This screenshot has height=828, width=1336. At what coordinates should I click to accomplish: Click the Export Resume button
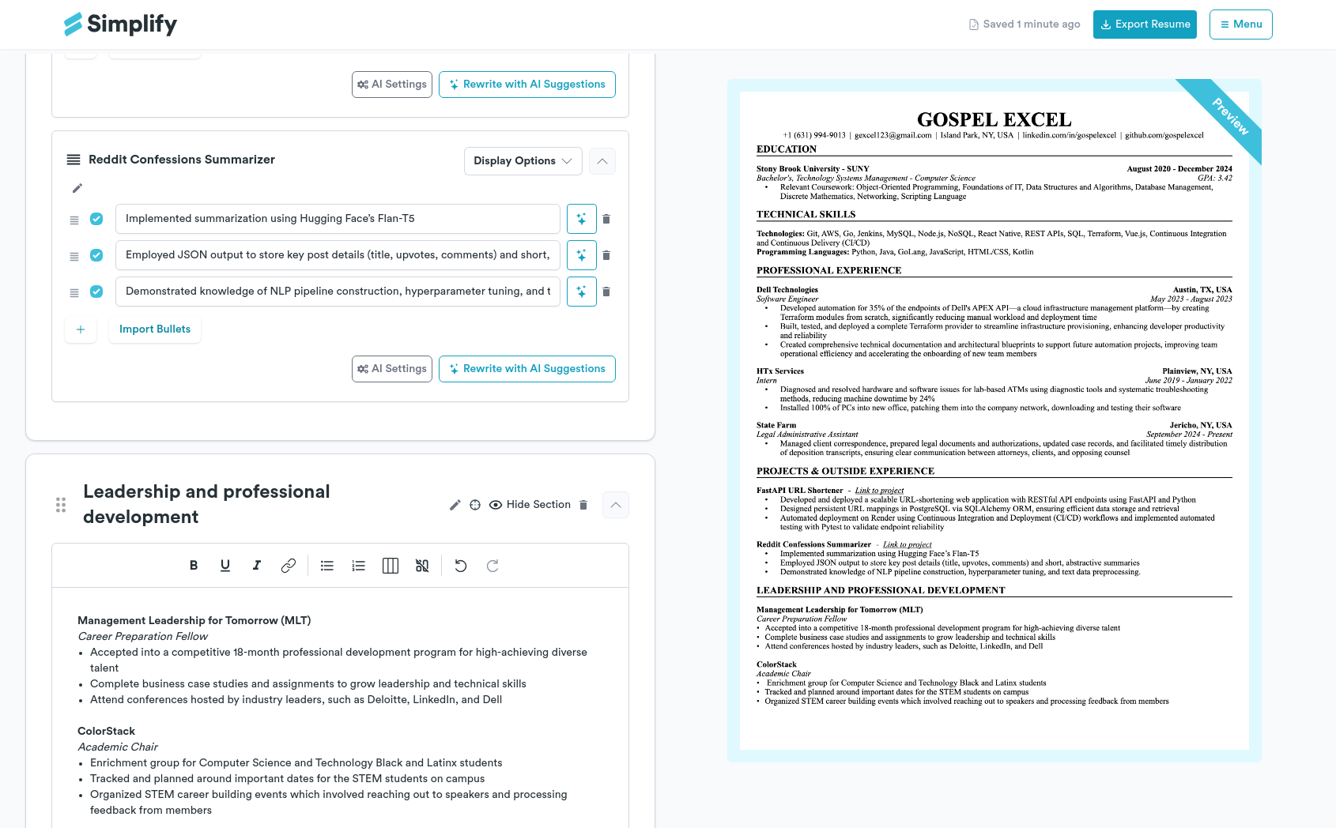tap(1144, 24)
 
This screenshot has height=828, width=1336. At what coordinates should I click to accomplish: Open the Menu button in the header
tap(1240, 24)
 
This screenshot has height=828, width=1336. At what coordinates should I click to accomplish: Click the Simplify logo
tap(120, 24)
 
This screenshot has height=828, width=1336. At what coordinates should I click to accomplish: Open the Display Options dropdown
tap(523, 161)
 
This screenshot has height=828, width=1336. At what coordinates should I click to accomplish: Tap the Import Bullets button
tap(155, 329)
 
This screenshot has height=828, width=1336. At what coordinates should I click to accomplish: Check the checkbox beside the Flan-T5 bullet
tap(96, 219)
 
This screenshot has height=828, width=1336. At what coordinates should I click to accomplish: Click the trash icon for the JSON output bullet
tap(606, 255)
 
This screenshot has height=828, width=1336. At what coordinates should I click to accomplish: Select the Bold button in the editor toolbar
tap(194, 566)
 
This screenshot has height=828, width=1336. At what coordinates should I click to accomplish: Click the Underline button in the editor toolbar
tap(225, 566)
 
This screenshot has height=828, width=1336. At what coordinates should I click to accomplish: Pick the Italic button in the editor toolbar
tap(257, 566)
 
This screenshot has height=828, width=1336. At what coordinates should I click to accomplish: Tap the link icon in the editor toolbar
tap(289, 566)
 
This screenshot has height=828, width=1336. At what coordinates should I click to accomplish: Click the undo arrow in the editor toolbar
tap(461, 566)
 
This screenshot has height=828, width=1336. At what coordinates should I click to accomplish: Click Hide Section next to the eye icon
tap(538, 505)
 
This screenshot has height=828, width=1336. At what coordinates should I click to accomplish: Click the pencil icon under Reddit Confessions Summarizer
tap(77, 188)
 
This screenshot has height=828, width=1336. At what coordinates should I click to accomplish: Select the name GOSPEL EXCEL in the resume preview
tap(994, 120)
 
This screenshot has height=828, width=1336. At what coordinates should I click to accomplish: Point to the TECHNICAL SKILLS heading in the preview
tap(806, 215)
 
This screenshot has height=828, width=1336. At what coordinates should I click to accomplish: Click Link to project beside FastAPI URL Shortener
tap(879, 491)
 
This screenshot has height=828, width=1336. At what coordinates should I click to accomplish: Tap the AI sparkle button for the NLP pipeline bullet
tap(581, 292)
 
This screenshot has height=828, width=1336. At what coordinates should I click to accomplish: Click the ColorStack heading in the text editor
tap(106, 732)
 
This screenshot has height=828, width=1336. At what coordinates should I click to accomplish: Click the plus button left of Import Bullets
tap(81, 329)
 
